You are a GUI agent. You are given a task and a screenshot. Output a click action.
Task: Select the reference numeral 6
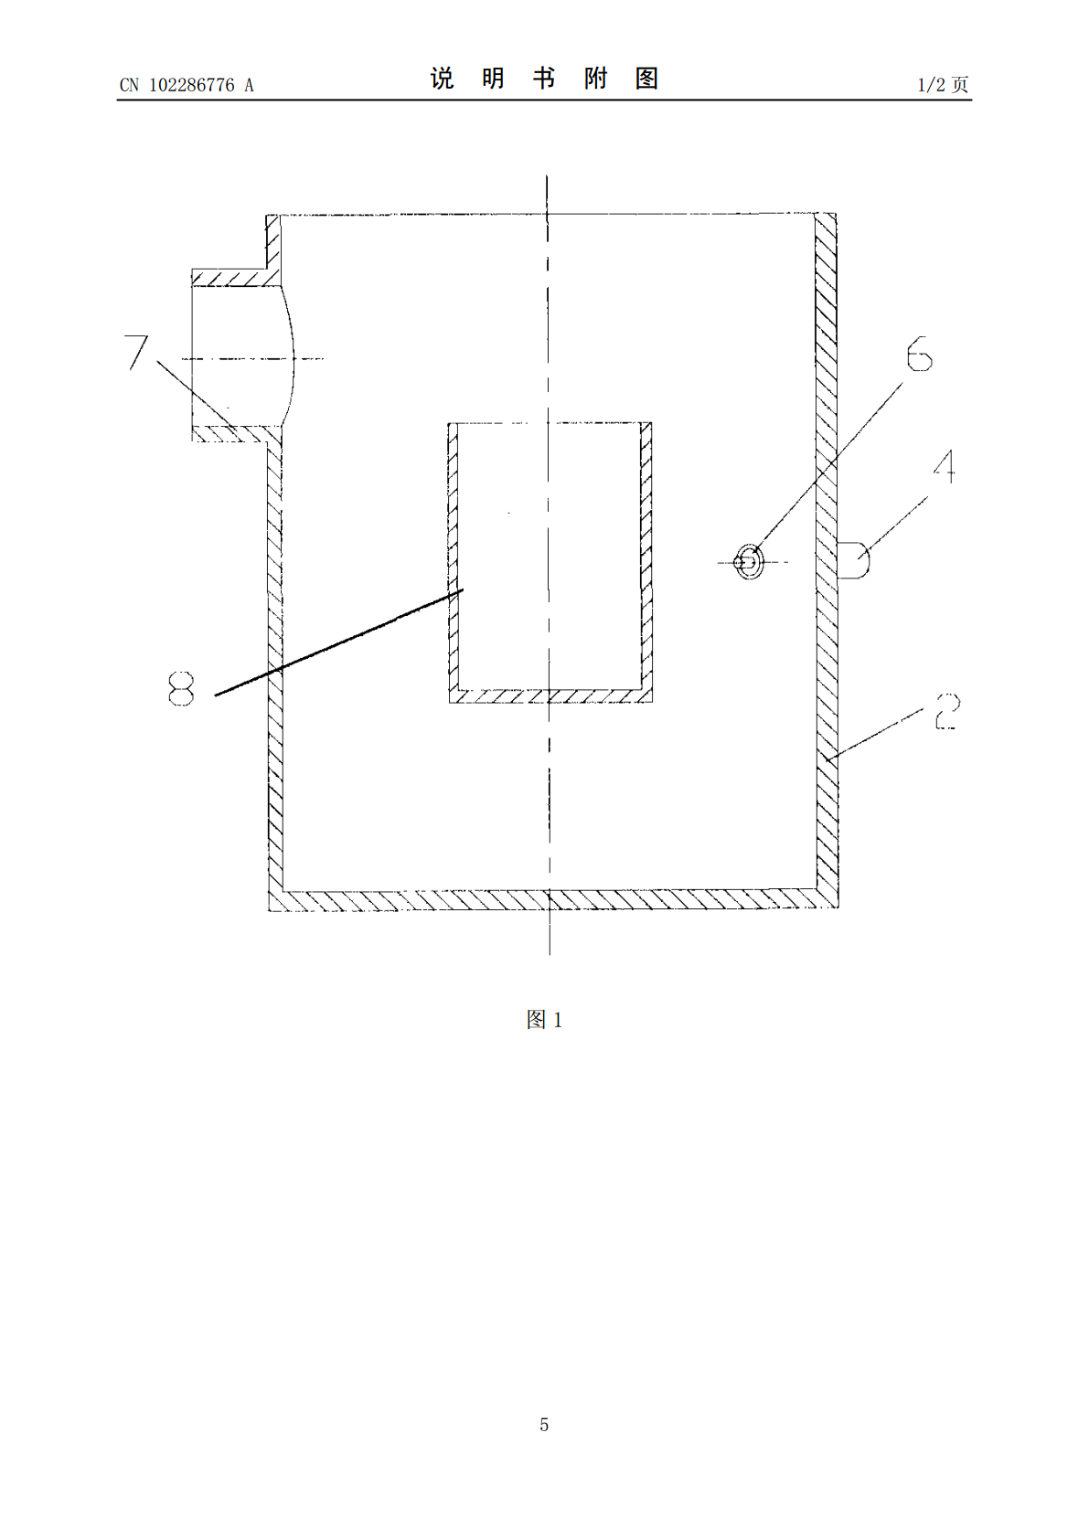pyautogui.click(x=919, y=354)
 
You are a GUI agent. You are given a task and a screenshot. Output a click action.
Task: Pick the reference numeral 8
pyautogui.click(x=181, y=688)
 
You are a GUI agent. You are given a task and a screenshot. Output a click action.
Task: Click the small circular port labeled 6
pyautogui.click(x=749, y=561)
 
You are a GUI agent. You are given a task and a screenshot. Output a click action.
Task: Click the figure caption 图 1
pyautogui.click(x=544, y=1020)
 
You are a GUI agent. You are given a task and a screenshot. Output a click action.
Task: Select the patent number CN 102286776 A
pyautogui.click(x=187, y=84)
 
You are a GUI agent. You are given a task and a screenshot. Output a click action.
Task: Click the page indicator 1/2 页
pyautogui.click(x=943, y=84)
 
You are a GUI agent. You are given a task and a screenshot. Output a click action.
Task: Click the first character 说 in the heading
pyautogui.click(x=442, y=79)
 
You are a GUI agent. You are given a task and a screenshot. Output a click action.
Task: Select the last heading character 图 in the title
pyautogui.click(x=647, y=79)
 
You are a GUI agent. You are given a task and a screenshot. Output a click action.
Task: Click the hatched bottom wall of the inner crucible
pyautogui.click(x=550, y=696)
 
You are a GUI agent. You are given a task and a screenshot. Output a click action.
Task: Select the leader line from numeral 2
pyautogui.click(x=875, y=735)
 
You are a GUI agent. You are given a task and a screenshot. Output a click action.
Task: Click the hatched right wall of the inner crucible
pyautogui.click(x=646, y=557)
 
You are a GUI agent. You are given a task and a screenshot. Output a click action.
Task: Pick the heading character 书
pyautogui.click(x=544, y=79)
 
